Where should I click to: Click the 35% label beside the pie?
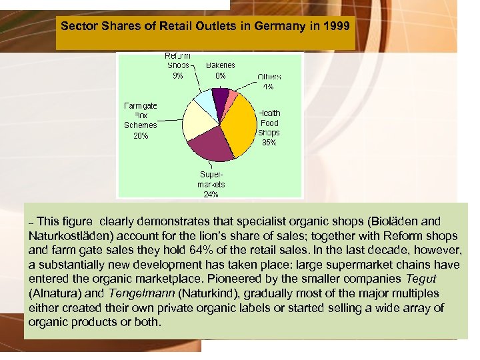point(269,142)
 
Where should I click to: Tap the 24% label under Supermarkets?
point(211,195)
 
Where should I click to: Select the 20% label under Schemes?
point(141,135)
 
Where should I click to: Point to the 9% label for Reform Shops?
point(178,75)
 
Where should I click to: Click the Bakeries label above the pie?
point(220,65)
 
